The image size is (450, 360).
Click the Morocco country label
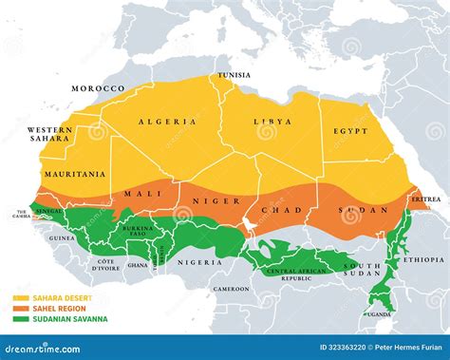[98, 88]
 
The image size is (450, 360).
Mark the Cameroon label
[232, 288]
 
